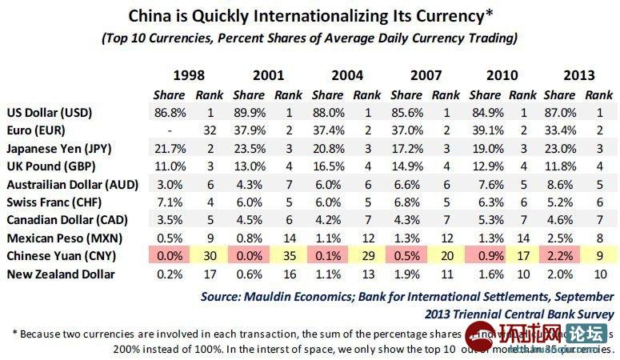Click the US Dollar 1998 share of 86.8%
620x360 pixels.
(x=169, y=113)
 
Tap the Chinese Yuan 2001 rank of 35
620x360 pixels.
(x=287, y=256)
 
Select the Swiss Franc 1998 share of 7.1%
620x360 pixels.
(x=169, y=202)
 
